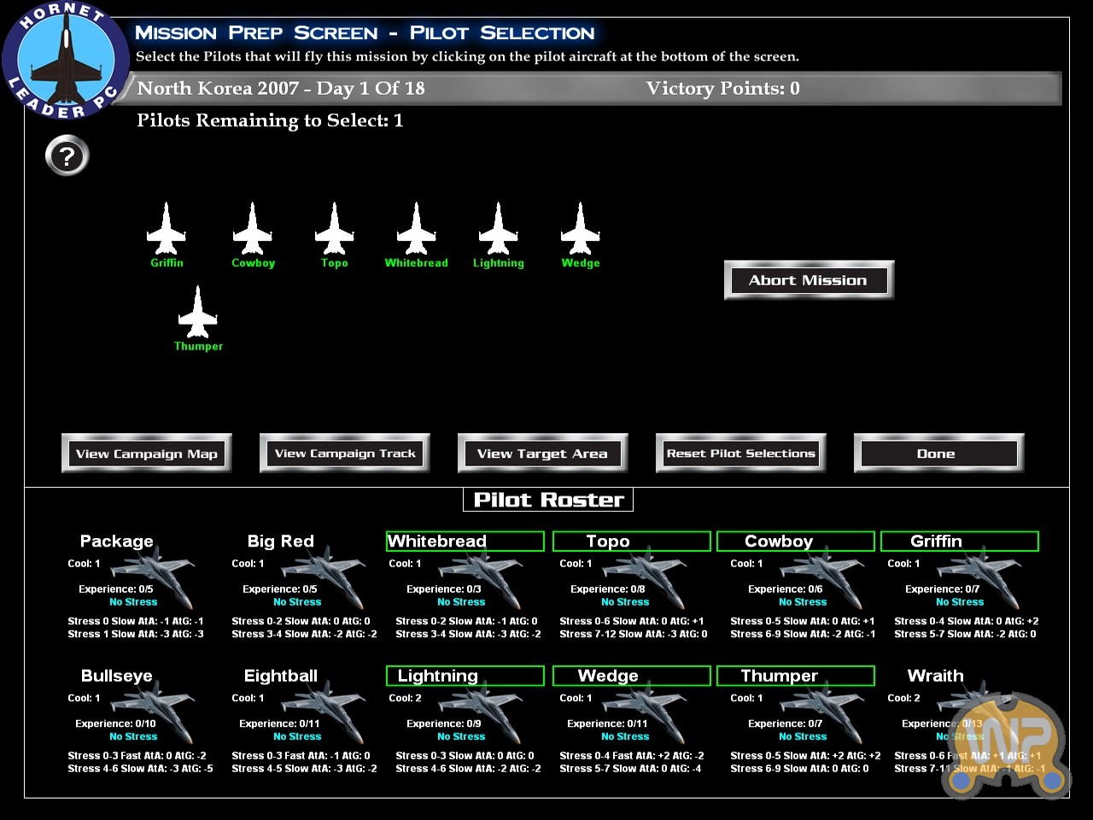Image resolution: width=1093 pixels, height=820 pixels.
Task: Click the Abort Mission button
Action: [x=808, y=280]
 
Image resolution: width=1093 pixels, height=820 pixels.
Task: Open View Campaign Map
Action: [x=146, y=454]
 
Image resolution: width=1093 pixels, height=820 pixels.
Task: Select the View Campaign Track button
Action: [x=345, y=454]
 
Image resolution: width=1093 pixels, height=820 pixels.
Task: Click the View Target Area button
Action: [x=542, y=454]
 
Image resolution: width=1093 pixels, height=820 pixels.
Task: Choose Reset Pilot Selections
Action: [x=740, y=454]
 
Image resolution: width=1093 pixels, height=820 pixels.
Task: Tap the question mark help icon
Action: [x=67, y=156]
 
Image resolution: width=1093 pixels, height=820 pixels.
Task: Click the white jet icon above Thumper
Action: [x=198, y=313]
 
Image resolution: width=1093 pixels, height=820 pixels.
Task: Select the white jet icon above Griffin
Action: [x=167, y=229]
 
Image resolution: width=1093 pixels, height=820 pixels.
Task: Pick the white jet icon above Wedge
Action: [x=581, y=229]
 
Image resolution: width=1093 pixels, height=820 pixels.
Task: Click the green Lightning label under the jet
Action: [x=499, y=263]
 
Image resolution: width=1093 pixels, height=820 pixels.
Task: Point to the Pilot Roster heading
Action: [x=548, y=500]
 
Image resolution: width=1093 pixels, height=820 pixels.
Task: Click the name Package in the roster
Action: [x=116, y=541]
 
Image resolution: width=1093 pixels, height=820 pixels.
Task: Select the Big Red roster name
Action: [x=280, y=541]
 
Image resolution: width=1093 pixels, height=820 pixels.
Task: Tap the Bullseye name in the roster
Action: [x=116, y=676]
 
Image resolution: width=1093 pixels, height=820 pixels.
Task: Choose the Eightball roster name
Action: [x=280, y=676]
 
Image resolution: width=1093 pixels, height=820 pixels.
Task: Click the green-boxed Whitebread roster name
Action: [x=437, y=541]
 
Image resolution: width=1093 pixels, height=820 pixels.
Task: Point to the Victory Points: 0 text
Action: [x=722, y=88]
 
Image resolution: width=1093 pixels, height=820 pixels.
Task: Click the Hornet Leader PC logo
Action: [x=65, y=61]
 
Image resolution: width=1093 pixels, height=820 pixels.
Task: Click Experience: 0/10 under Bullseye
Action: [x=115, y=723]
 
